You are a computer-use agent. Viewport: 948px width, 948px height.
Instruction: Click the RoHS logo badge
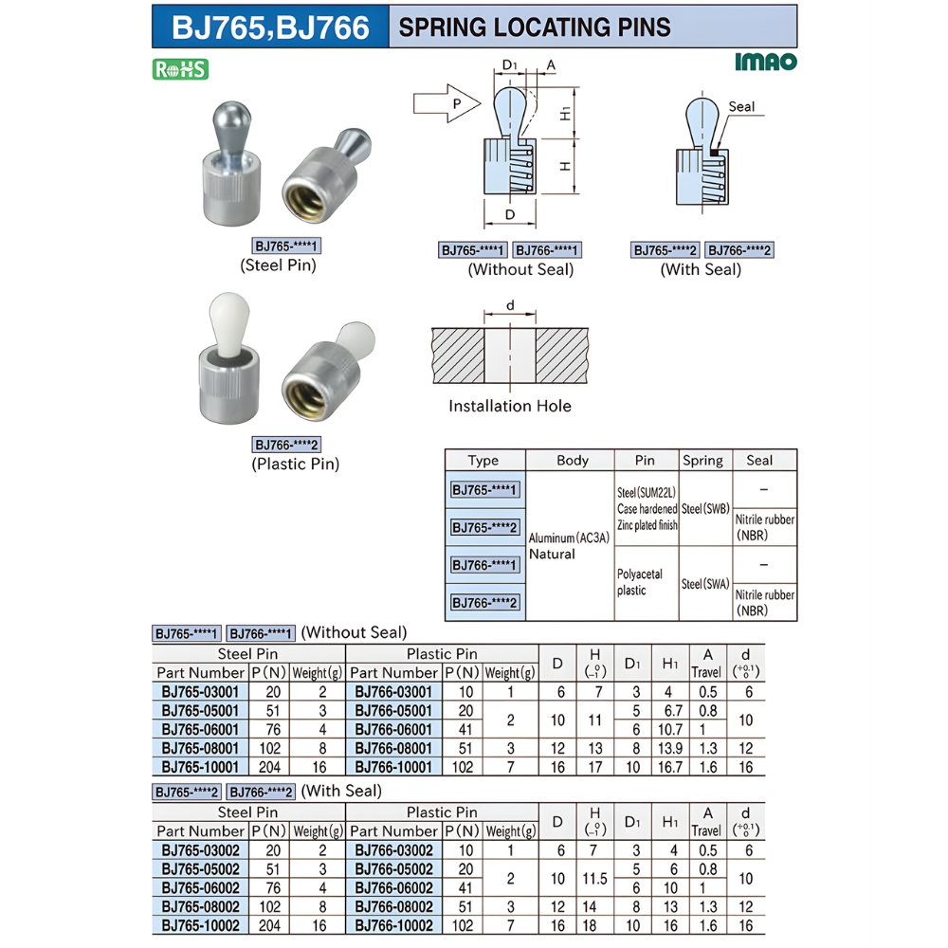(180, 69)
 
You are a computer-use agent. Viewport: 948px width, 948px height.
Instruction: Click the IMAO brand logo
(765, 63)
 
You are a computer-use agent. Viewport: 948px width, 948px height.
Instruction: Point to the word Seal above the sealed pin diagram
(741, 106)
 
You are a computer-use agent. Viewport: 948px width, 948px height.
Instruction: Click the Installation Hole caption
(510, 406)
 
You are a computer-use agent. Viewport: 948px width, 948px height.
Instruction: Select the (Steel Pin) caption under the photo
(278, 265)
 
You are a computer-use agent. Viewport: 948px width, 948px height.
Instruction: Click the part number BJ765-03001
(199, 692)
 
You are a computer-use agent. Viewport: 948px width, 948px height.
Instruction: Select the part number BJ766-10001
(393, 767)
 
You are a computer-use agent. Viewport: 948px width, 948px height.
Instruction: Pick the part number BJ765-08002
(199, 906)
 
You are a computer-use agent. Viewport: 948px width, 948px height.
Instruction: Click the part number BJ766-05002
(393, 869)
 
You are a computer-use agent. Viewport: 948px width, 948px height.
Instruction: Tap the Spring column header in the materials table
(702, 461)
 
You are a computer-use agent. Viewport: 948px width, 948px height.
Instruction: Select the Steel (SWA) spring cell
(705, 584)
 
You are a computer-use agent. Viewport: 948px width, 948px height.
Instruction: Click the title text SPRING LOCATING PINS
(535, 27)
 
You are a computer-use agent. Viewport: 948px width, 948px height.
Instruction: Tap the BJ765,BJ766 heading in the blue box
(270, 27)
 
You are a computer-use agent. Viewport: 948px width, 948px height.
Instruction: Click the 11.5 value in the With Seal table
(595, 879)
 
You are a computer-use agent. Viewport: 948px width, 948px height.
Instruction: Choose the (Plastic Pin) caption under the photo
(295, 465)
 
